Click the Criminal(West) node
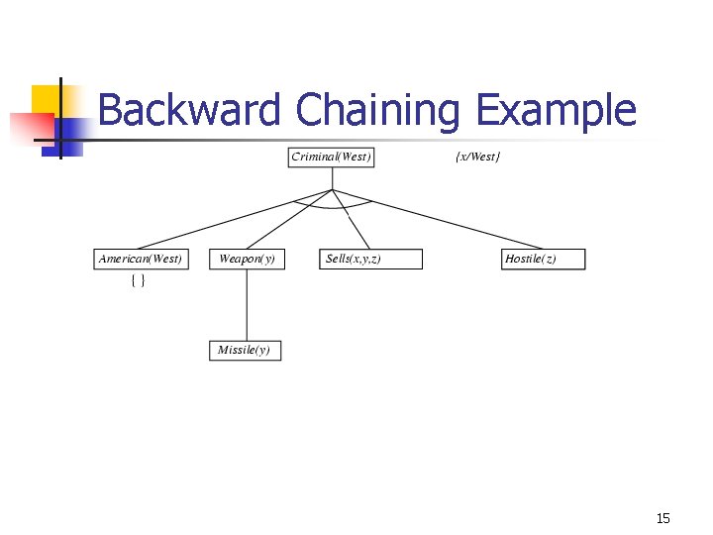click(x=331, y=158)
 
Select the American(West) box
click(x=140, y=260)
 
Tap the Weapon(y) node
click(x=247, y=260)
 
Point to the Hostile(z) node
click(x=543, y=260)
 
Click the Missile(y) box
click(x=245, y=351)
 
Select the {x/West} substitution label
click(x=477, y=158)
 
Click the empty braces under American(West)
click(x=139, y=281)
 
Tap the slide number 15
click(x=662, y=518)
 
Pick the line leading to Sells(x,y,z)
click(x=352, y=219)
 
